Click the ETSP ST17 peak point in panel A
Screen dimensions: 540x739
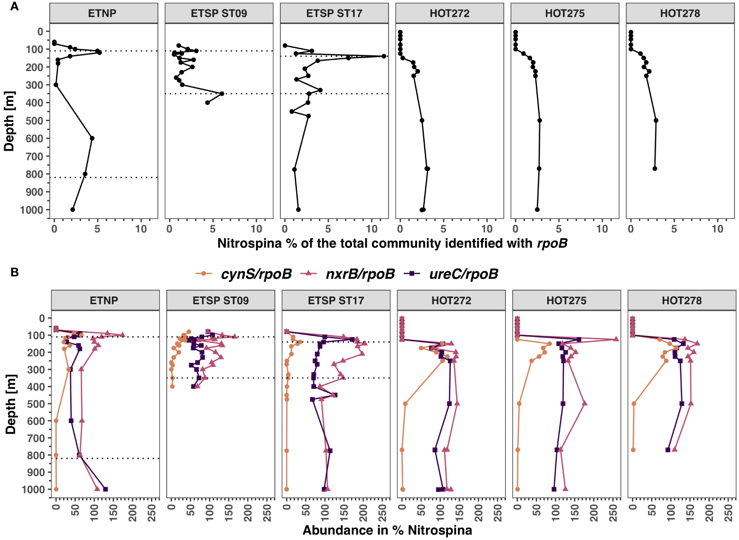pos(384,56)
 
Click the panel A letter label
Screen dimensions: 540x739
pos(15,6)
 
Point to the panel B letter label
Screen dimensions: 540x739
pos(15,272)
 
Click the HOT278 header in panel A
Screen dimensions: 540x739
pos(680,13)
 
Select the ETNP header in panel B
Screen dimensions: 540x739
pos(104,300)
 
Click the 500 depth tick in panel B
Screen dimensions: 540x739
pos(36,404)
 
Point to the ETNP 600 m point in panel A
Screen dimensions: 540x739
pos(92,138)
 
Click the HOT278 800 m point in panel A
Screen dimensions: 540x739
pos(655,169)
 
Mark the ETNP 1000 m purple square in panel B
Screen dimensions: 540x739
pos(105,489)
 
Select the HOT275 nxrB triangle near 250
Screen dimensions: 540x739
pos(616,339)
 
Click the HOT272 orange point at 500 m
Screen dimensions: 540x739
pos(405,404)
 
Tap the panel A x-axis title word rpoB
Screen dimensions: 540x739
pos(552,243)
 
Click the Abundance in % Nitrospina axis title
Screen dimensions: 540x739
pos(387,530)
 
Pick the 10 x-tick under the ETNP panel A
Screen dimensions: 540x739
pos(141,229)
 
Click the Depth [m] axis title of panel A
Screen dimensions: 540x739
pos(9,121)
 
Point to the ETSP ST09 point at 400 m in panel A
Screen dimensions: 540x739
pos(207,103)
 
